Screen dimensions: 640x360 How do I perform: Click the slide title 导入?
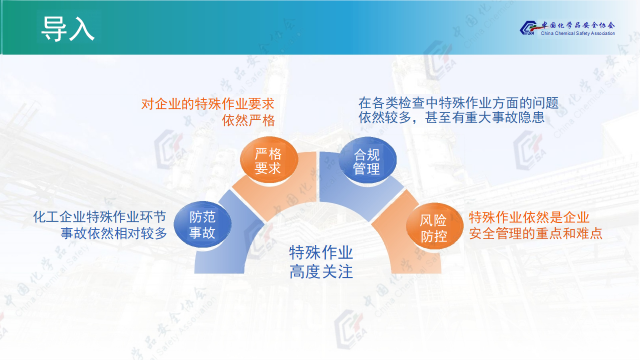pyautogui.click(x=68, y=28)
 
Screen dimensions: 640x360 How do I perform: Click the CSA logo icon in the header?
pyautogui.click(x=528, y=27)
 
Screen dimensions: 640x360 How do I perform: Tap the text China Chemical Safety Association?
pyautogui.click(x=577, y=33)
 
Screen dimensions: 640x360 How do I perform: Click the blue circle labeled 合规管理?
pyautogui.click(x=367, y=160)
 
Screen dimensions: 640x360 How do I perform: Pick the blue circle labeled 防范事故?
pyautogui.click(x=202, y=224)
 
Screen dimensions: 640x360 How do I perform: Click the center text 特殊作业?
pyautogui.click(x=321, y=252)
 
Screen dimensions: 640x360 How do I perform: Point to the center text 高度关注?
pyautogui.click(x=321, y=271)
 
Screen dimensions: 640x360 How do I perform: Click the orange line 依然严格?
pyautogui.click(x=248, y=120)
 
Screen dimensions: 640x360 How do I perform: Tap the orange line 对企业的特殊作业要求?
pyautogui.click(x=208, y=103)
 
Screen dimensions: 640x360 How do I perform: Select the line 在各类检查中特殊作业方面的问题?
pyautogui.click(x=458, y=102)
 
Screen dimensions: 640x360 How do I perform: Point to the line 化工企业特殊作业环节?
pyautogui.click(x=99, y=217)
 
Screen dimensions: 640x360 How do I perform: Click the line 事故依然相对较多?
pyautogui.click(x=113, y=233)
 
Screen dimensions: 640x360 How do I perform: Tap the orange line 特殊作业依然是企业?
pyautogui.click(x=529, y=217)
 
